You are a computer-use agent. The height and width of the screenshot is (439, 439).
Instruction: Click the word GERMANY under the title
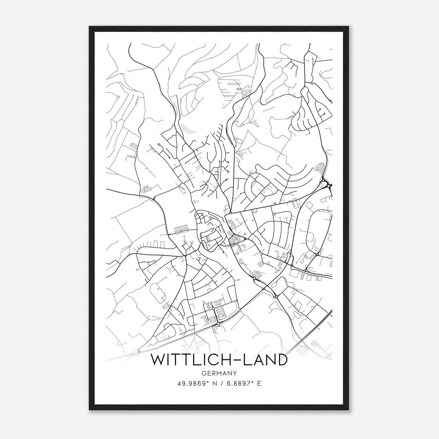click(219, 373)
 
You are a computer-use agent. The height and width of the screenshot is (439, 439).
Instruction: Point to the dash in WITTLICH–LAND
click(222, 360)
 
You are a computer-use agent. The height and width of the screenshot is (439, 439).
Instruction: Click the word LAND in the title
click(256, 360)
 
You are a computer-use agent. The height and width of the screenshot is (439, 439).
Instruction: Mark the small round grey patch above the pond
click(223, 105)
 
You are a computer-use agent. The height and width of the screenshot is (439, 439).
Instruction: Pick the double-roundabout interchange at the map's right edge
click(326, 184)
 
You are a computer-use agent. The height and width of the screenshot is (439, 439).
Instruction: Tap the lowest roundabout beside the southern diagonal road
click(218, 324)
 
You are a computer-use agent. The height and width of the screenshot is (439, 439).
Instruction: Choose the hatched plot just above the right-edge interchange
click(320, 167)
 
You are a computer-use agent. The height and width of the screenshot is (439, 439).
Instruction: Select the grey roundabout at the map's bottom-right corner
click(329, 357)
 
